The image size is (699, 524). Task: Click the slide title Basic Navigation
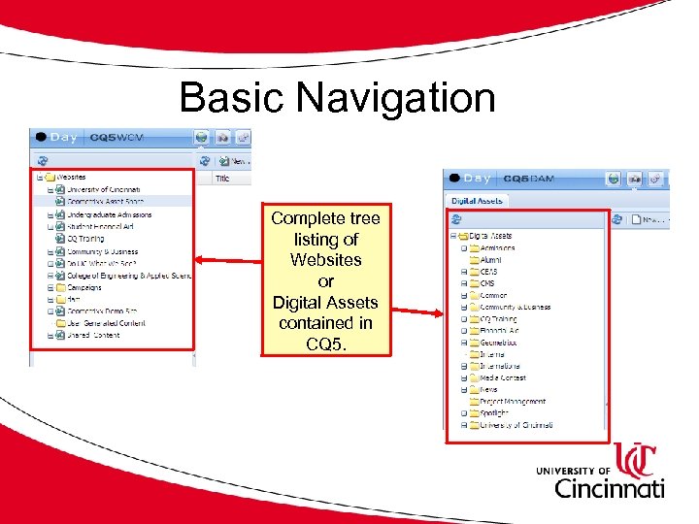(x=337, y=98)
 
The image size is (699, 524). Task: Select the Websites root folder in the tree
(x=71, y=178)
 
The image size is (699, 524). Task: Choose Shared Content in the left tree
(x=93, y=336)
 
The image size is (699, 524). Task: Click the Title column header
(x=222, y=179)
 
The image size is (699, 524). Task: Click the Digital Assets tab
(x=477, y=200)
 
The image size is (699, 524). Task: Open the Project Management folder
(x=512, y=402)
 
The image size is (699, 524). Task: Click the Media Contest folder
(x=502, y=377)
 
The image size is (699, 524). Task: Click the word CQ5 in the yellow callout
(x=325, y=344)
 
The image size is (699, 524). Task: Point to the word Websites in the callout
(x=325, y=260)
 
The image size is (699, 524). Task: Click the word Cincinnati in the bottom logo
(x=610, y=488)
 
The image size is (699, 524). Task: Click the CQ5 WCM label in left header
(x=116, y=138)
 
